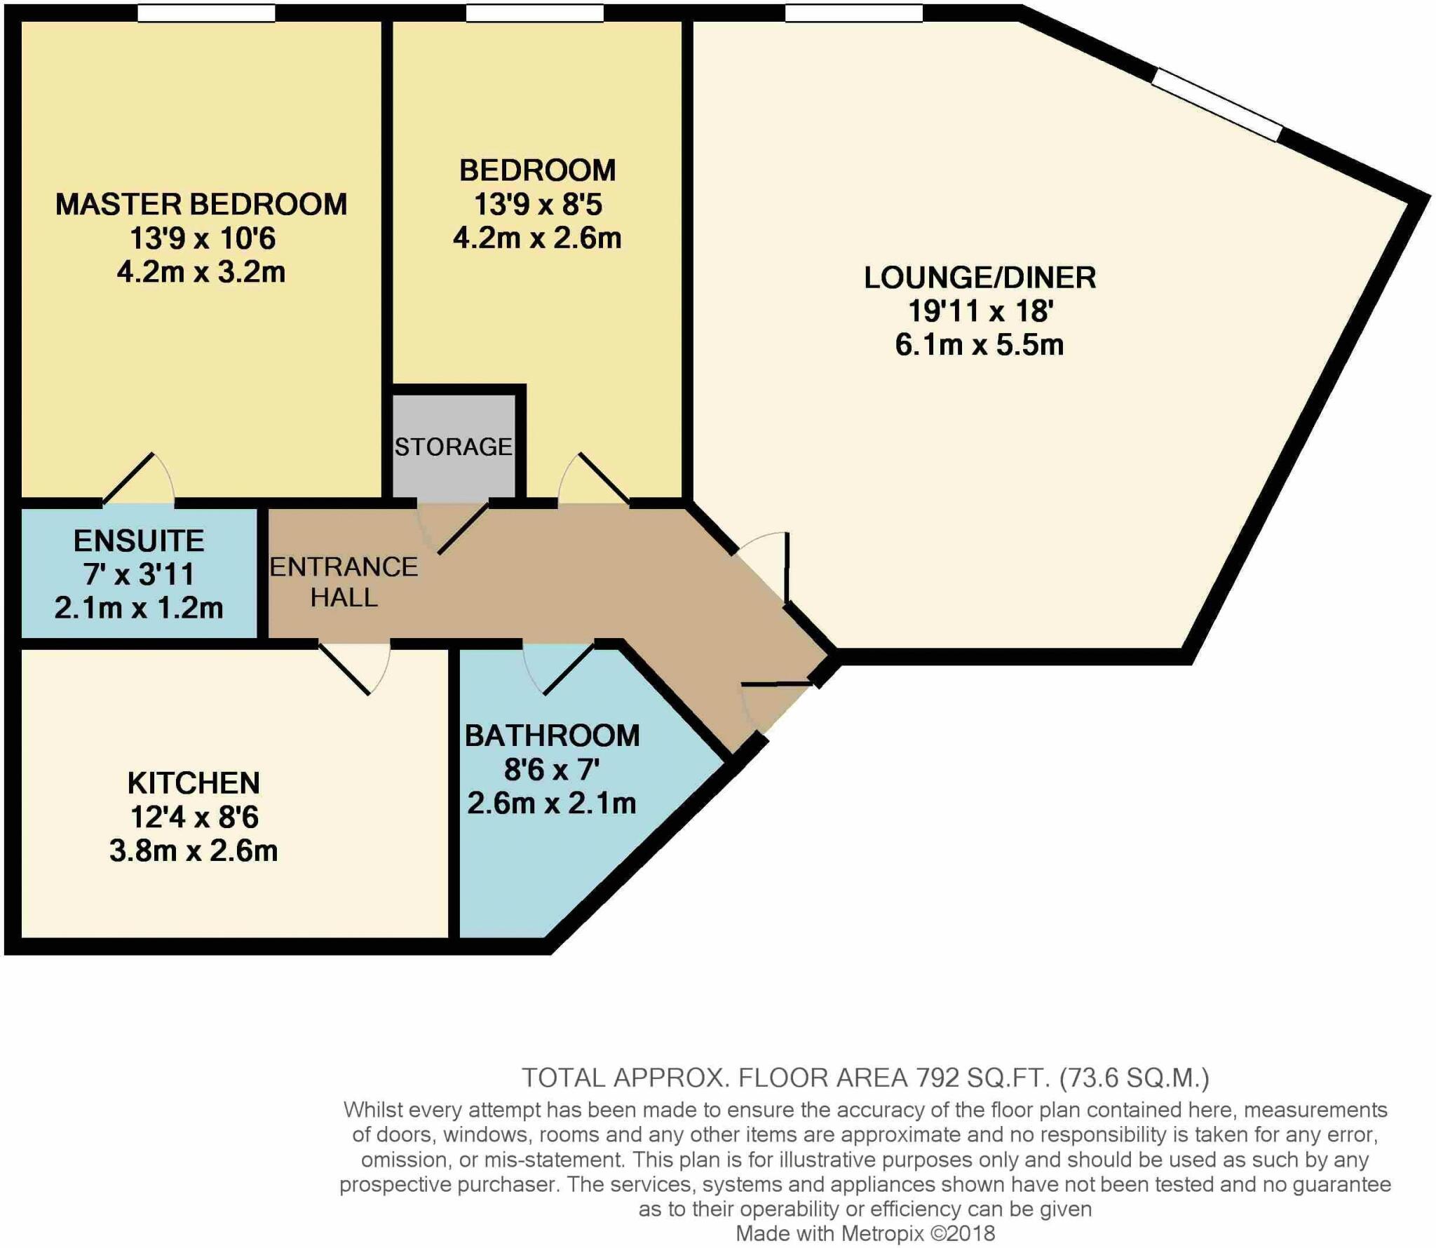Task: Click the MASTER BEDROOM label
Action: coord(201,205)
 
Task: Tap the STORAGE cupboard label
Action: coord(453,447)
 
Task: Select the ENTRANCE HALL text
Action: coord(344,582)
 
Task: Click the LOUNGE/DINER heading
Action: coord(980,278)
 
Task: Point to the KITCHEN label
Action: coord(194,783)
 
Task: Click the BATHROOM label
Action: coord(552,735)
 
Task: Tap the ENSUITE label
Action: coord(139,541)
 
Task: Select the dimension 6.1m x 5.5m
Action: coord(980,345)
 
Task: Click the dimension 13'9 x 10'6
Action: coord(202,238)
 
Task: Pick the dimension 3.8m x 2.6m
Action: coord(194,850)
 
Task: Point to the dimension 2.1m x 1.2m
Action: coord(139,608)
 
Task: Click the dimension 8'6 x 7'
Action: coord(552,770)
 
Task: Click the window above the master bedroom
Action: coord(206,13)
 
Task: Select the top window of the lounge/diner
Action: coord(853,13)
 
